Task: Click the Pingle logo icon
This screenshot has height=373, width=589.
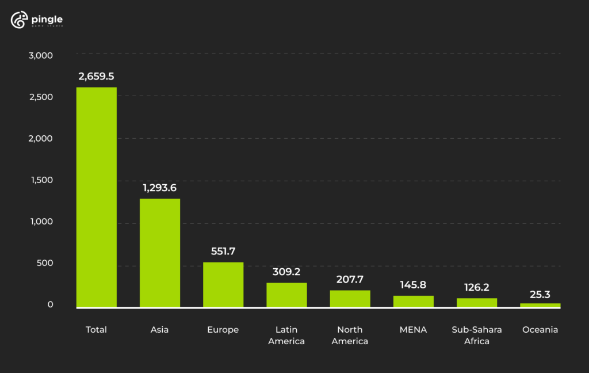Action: coord(19,20)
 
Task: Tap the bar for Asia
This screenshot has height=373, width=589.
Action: coord(160,253)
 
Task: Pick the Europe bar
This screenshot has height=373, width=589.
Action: coord(223,284)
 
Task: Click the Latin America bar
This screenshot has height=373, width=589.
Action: coord(286,295)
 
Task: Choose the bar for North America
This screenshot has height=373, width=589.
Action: coord(350,298)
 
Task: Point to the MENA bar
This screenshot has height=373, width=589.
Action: coord(413,301)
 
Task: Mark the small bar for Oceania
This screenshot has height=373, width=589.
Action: coord(540,305)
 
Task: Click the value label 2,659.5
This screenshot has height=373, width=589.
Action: coord(97,77)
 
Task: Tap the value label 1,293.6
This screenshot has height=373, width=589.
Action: coord(160,188)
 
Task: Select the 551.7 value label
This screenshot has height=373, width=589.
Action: coord(223,252)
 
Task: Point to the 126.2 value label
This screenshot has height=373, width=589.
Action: coord(476,287)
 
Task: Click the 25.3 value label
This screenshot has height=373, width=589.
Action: coord(540,295)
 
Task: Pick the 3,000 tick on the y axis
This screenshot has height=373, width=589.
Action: coord(40,55)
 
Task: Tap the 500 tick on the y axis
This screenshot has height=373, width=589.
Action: coord(45,263)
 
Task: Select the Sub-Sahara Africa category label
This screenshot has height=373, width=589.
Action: coord(476,335)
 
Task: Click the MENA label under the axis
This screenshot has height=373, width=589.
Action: coord(413,330)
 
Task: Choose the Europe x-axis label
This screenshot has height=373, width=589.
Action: coord(223,330)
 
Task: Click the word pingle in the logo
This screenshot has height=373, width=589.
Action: coord(47,18)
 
